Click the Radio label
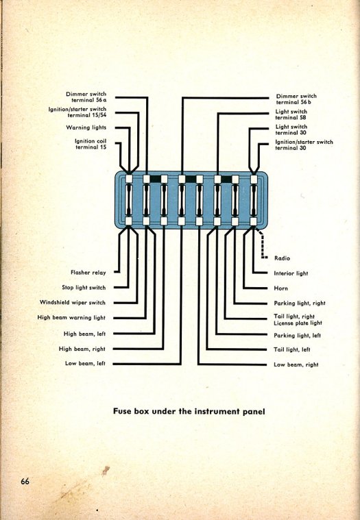282,258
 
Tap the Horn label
280,288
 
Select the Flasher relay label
88,273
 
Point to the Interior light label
291,273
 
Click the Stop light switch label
84,288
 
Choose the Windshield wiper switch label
72,302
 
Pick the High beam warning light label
71,317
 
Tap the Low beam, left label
85,364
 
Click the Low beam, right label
296,364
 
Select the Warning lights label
86,127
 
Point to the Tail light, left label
292,349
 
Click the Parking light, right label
300,303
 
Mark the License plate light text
298,323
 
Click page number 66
25,481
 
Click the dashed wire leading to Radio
262,245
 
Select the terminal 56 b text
293,103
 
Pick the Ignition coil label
91,141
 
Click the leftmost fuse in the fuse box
129,200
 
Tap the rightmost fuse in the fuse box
254,200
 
